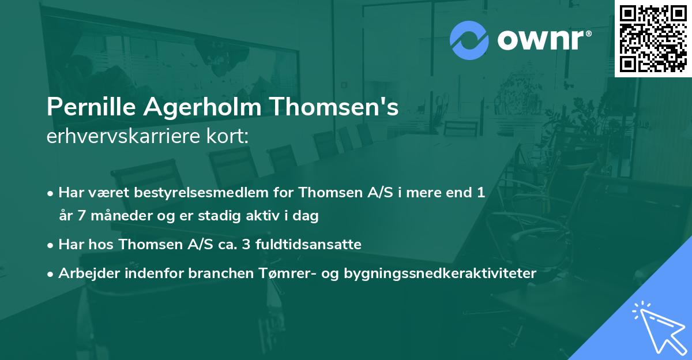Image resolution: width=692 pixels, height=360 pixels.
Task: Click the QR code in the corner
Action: (x=653, y=39)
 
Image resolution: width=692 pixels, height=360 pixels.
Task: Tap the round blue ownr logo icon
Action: (x=469, y=40)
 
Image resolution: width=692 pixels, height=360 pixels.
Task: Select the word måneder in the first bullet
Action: (x=112, y=216)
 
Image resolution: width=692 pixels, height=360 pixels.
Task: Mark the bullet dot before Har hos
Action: (x=51, y=245)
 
